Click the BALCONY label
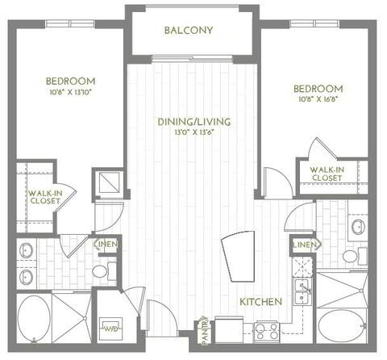[x=188, y=31]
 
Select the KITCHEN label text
[x=260, y=301]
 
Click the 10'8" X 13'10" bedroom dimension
[x=70, y=92]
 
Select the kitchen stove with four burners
[x=267, y=329]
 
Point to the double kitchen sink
[x=304, y=291]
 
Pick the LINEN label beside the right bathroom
[x=303, y=244]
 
